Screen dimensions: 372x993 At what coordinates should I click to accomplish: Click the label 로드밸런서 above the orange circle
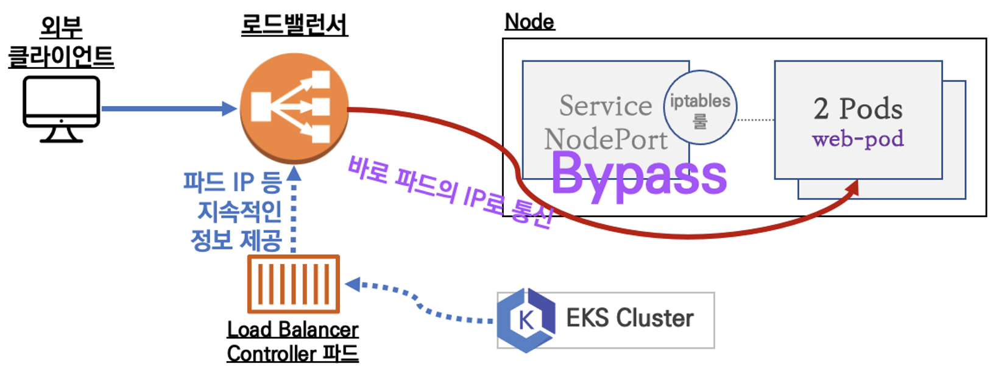click(x=294, y=26)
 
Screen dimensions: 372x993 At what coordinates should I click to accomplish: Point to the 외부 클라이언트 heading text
click(x=61, y=43)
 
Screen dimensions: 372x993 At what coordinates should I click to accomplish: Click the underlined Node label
click(x=529, y=22)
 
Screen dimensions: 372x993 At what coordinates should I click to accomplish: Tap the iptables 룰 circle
click(x=700, y=108)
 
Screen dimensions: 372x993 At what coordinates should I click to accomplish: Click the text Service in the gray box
click(x=606, y=106)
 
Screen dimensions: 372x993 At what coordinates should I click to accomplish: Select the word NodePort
click(x=606, y=140)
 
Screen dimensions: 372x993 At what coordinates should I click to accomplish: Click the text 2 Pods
click(x=858, y=109)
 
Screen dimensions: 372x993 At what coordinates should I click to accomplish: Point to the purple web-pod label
click(x=858, y=140)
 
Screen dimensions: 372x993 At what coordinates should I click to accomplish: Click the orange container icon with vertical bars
click(x=293, y=284)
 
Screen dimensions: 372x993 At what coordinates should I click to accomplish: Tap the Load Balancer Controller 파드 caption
click(x=292, y=342)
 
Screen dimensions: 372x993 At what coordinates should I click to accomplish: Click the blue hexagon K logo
click(x=525, y=320)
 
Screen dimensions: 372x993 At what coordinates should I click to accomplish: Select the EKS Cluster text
click(x=629, y=318)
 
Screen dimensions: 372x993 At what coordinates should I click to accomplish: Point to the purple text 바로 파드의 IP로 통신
click(x=451, y=192)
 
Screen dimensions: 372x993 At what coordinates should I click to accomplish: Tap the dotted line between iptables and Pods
click(x=755, y=120)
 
